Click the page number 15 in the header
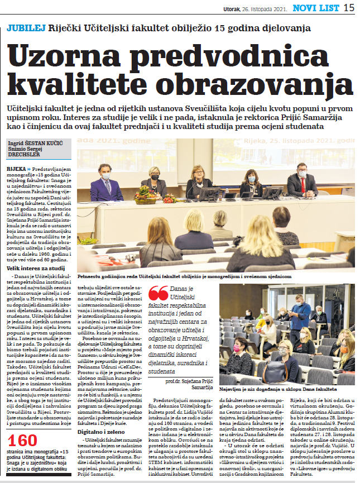[x=348, y=8]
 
